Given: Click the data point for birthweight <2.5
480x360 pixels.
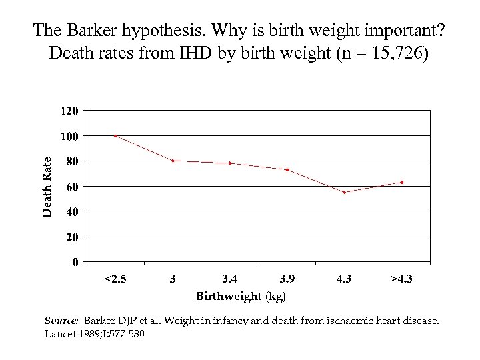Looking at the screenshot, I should [115, 135].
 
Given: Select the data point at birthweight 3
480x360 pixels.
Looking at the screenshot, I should [173, 161].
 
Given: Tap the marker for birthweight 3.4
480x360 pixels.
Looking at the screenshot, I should [230, 163].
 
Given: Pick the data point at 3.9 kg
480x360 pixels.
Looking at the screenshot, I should [287, 169].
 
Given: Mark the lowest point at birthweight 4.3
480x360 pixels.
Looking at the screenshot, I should [344, 192].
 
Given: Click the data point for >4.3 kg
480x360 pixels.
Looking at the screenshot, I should [401, 182].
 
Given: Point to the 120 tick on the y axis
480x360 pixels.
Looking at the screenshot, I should [70, 110].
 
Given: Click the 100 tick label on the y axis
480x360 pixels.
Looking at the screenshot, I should [70, 135].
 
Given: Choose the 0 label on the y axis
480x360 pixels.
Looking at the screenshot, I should [75, 263].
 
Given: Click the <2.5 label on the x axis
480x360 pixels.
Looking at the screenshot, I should [115, 279].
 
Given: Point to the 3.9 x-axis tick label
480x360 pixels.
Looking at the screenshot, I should [287, 279].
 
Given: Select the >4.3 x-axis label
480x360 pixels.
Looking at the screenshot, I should [401, 279].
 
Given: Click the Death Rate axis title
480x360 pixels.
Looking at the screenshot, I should [47, 186].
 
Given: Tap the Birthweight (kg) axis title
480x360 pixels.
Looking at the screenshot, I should [241, 295].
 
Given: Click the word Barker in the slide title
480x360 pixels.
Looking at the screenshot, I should [91, 30].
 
